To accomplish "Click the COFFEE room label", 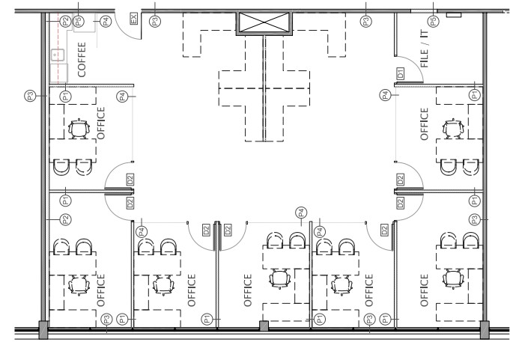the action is tap(82, 59).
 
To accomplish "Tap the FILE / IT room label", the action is tap(424, 49).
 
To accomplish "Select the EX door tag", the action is tap(133, 18).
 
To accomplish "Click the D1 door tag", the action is tap(401, 73).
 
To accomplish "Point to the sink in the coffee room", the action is tap(58, 55).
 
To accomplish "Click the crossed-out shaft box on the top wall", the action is tap(264, 22).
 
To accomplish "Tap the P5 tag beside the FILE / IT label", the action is tap(433, 22).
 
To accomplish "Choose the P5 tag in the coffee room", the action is tap(78, 22).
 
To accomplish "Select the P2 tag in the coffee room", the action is tap(65, 22).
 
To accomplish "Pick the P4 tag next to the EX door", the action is tap(106, 22).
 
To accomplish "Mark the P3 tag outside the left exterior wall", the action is tap(30, 96).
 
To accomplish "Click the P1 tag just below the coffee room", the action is tap(66, 96).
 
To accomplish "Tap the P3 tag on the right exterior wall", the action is tap(475, 219).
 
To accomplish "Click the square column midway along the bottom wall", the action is tap(264, 326).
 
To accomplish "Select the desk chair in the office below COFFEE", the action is tap(79, 129).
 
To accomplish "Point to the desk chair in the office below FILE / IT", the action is tap(453, 129).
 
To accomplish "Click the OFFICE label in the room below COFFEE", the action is tap(101, 123).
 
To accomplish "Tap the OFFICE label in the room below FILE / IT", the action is tap(424, 124).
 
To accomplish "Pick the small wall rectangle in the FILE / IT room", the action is tap(454, 15).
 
